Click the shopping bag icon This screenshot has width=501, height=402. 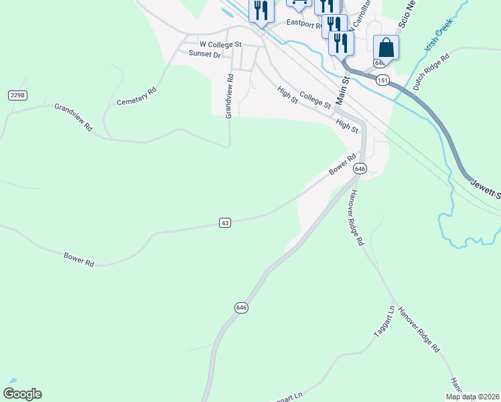[386, 48]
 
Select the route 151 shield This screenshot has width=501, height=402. [382, 80]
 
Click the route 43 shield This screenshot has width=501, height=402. [225, 222]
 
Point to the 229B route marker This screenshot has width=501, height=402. [17, 96]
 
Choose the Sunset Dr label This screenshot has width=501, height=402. [204, 54]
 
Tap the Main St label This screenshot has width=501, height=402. [344, 90]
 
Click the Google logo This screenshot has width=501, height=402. [22, 394]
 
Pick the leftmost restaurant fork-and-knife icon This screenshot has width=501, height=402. [261, 11]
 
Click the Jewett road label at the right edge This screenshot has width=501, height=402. [484, 188]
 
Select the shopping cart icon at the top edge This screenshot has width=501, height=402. [299, 3]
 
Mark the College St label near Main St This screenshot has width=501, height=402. [315, 100]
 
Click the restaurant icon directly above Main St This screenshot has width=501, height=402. [341, 44]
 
